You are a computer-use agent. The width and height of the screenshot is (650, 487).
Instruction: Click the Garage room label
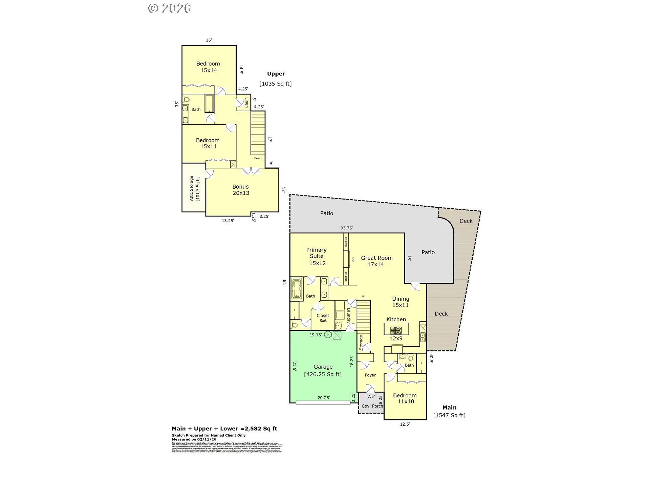coord(323,367)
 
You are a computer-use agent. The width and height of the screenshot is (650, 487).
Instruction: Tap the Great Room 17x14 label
coord(376,261)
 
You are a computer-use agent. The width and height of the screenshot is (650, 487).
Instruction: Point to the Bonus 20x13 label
coord(241,190)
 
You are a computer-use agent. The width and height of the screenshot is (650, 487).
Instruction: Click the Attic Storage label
coord(194,188)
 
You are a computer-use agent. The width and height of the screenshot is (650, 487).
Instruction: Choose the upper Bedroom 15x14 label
coord(208,67)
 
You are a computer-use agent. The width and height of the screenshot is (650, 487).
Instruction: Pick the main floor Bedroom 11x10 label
coord(405,398)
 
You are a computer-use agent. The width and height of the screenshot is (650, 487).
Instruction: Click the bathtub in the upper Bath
coord(209,103)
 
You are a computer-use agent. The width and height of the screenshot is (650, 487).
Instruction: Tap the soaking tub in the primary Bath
coord(297,289)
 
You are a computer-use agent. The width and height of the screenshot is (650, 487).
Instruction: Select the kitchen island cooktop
coord(396,330)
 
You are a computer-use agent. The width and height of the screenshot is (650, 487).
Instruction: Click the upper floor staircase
coord(258,133)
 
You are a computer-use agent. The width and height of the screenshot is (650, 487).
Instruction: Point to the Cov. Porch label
coord(372,406)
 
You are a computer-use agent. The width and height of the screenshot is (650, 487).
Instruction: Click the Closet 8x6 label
coord(323,318)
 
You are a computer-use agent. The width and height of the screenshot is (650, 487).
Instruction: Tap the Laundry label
coord(348,316)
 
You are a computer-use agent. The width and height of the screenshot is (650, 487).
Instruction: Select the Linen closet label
coord(247,102)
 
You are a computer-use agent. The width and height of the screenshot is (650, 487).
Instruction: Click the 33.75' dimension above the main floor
coord(346,228)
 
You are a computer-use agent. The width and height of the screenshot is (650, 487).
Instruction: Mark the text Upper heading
coord(276,74)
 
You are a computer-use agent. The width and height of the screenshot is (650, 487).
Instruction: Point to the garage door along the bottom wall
coord(323,402)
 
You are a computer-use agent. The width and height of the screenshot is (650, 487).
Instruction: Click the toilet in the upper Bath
coord(186,99)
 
